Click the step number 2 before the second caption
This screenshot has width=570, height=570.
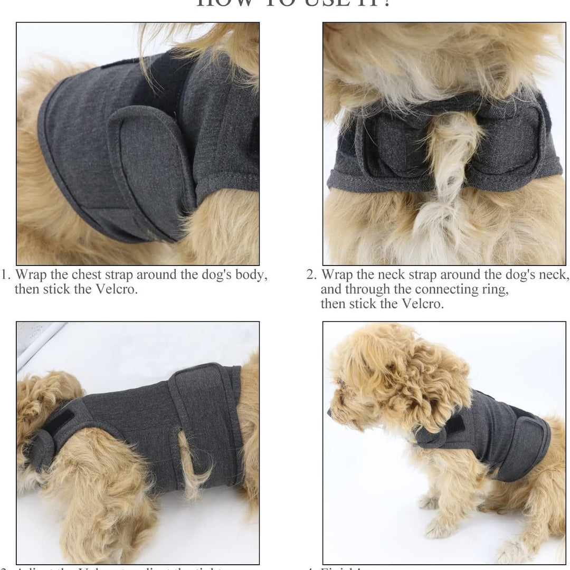click(x=311, y=275)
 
